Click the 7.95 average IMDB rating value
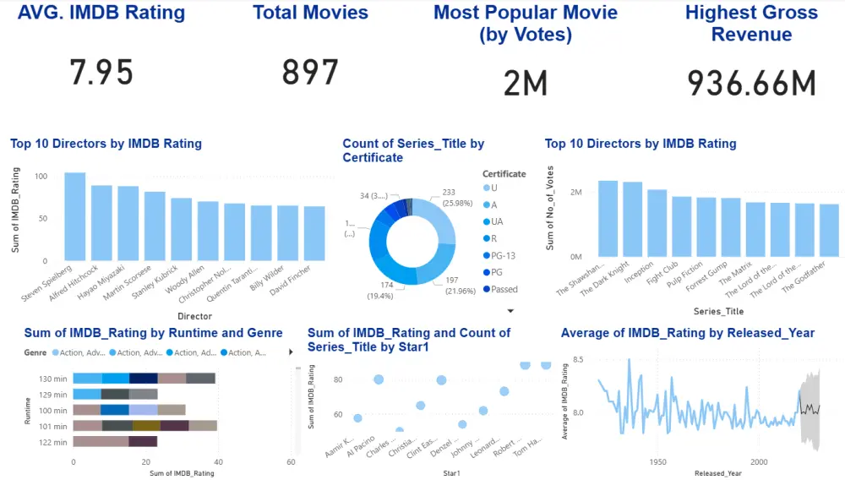[101, 74]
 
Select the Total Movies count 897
[310, 74]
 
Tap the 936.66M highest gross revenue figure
[751, 83]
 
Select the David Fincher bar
[314, 233]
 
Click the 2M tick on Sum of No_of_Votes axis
[575, 193]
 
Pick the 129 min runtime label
[53, 394]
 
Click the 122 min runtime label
[53, 441]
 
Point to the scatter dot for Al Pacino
[379, 379]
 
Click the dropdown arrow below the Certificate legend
[510, 311]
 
